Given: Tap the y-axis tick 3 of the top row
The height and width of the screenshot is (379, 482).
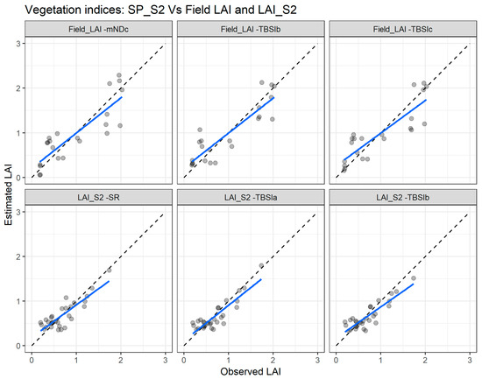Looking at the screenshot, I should (19, 43).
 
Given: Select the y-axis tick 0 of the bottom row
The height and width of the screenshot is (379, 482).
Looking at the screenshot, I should (19, 346).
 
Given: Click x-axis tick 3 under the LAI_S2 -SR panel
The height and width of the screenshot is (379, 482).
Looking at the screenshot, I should (165, 358).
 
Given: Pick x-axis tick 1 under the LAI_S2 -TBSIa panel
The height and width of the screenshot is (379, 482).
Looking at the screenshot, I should (228, 358).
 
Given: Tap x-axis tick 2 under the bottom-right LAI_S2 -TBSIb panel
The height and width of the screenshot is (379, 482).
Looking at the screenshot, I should (424, 358).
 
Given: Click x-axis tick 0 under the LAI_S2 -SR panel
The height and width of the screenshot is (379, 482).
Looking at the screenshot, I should (32, 358).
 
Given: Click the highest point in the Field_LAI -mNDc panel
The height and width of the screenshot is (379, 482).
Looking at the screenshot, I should (120, 75).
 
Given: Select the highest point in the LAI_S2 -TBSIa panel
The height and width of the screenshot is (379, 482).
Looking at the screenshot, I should (260, 265).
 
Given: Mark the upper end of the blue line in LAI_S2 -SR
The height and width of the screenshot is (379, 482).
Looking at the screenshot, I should (109, 280).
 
